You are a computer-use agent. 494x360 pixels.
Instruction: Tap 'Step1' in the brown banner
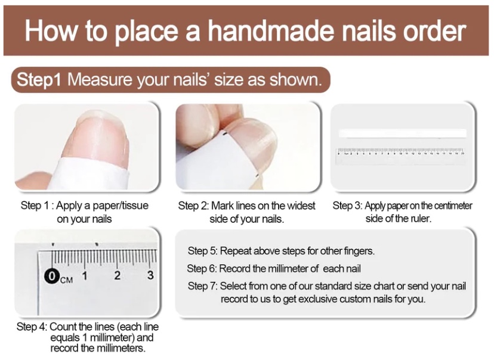39,80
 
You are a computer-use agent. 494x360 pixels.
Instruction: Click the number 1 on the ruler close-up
85,275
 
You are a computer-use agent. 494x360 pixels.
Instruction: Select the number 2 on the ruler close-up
117,275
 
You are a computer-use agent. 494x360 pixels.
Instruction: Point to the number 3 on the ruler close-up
150,275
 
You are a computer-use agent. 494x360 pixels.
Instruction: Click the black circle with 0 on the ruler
53,276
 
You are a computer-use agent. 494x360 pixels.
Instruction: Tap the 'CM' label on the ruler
66,279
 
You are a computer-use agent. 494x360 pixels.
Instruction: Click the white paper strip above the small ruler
402,134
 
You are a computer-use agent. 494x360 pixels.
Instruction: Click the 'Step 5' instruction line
281,251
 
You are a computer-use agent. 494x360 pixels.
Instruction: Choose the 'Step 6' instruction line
274,269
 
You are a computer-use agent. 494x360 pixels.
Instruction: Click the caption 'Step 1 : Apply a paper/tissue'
85,206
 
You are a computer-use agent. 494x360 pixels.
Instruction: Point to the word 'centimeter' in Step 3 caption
448,206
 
